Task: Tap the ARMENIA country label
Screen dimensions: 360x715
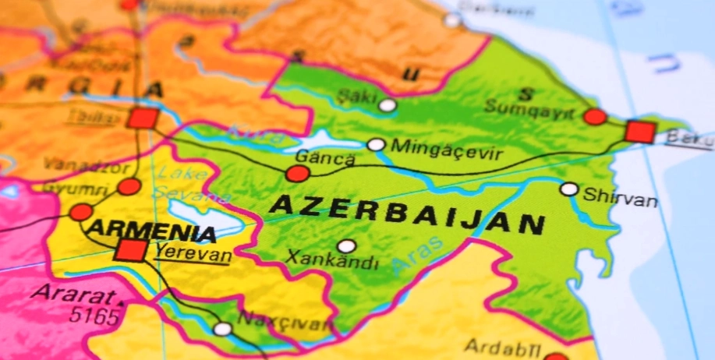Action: tap(151, 231)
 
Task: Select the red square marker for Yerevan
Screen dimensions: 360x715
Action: tap(130, 251)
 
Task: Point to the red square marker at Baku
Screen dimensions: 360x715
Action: tap(639, 132)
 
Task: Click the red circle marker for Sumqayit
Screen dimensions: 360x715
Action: tap(595, 117)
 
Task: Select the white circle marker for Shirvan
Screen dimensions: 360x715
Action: tap(569, 189)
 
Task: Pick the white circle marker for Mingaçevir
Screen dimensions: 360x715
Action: tap(376, 145)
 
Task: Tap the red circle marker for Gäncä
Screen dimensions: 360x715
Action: tap(297, 174)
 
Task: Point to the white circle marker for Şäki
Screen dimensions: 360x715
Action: tap(388, 105)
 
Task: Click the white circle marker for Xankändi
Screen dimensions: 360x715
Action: tap(347, 246)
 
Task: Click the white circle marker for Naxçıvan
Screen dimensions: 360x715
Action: tap(223, 329)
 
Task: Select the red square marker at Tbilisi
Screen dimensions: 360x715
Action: tap(143, 118)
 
